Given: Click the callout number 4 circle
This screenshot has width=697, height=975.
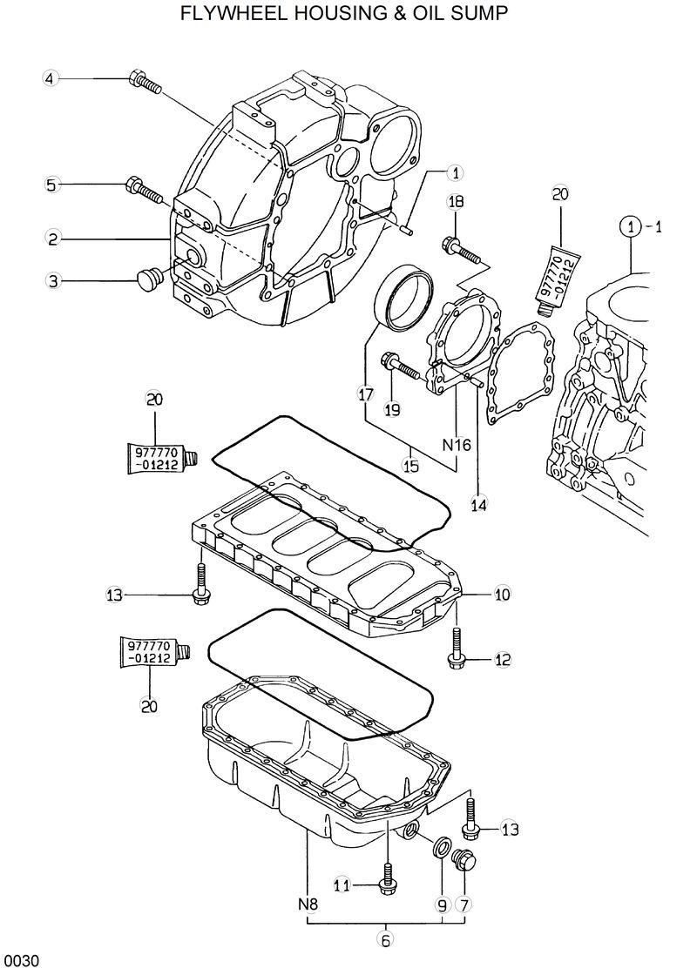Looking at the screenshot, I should click(x=50, y=79).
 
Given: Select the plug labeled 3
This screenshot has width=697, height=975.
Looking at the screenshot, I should click(x=148, y=279).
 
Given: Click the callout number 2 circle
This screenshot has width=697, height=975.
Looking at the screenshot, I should click(x=53, y=238).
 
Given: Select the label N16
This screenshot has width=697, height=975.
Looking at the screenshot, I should click(x=456, y=445).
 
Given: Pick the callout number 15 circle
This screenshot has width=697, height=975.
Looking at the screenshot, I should click(x=410, y=466).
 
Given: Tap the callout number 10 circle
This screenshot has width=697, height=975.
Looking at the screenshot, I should click(x=502, y=595).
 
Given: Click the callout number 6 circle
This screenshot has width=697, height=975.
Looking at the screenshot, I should click(x=386, y=938).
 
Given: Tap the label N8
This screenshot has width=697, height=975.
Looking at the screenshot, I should click(x=308, y=904).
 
